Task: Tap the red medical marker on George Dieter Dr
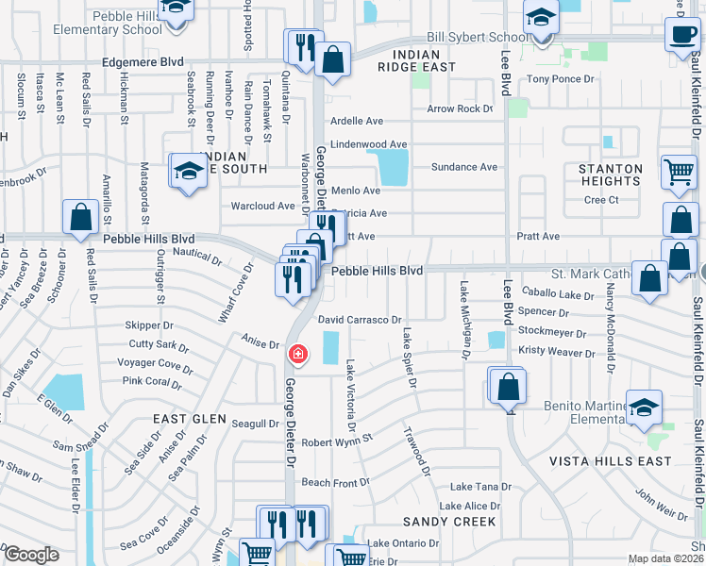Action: click(297, 355)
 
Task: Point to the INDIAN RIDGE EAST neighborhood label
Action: click(416, 60)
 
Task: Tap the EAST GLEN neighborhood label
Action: click(190, 418)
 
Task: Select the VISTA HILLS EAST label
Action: click(612, 461)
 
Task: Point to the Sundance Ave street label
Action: click(463, 167)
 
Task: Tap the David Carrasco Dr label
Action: click(360, 320)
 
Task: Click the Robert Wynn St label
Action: click(338, 440)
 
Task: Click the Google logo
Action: click(31, 555)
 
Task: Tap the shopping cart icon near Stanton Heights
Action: click(679, 173)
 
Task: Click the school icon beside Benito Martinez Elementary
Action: click(645, 408)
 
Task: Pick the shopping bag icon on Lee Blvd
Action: click(508, 387)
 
